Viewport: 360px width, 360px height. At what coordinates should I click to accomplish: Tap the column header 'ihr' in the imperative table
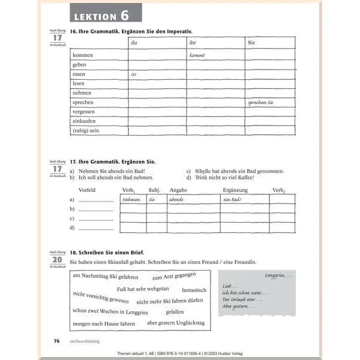(193, 43)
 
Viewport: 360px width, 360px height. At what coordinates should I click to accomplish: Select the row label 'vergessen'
(83, 112)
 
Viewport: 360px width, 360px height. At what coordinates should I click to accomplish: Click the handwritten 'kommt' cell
(197, 55)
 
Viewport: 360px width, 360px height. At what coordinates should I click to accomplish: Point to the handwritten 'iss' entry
(134, 74)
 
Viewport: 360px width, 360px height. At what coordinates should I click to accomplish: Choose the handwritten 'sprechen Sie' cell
(260, 103)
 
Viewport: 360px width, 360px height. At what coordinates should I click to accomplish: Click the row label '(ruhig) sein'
(86, 130)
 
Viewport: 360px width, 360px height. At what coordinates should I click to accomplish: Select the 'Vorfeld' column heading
(88, 189)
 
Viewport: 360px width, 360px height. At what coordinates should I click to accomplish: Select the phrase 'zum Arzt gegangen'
(173, 277)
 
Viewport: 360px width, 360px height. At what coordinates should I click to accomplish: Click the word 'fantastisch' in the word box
(194, 290)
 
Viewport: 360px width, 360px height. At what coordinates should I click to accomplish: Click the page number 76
(57, 340)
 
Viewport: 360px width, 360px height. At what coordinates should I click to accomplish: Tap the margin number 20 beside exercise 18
(56, 260)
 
